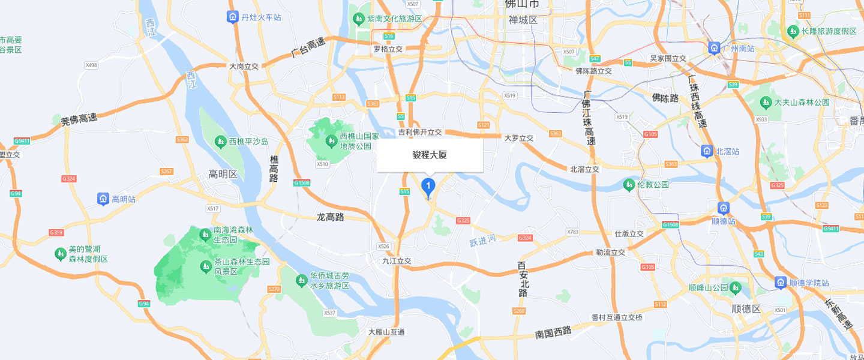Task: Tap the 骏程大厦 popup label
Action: (x=430, y=155)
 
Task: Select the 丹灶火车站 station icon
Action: (x=233, y=17)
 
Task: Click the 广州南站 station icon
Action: (x=714, y=48)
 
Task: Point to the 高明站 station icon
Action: (x=103, y=199)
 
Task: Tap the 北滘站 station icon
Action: (x=707, y=151)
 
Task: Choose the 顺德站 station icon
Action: (x=724, y=208)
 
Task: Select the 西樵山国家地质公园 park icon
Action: (x=330, y=140)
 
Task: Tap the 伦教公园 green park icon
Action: (x=629, y=185)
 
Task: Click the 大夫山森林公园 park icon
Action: (x=766, y=103)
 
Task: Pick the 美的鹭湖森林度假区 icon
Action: (x=60, y=254)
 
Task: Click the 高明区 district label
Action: (x=223, y=175)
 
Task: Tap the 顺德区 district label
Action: (x=746, y=309)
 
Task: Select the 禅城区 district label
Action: (x=523, y=20)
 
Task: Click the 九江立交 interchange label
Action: (x=397, y=261)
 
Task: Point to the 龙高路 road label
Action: (x=330, y=217)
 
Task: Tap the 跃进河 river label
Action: (x=484, y=241)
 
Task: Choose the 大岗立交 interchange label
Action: (x=244, y=67)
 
